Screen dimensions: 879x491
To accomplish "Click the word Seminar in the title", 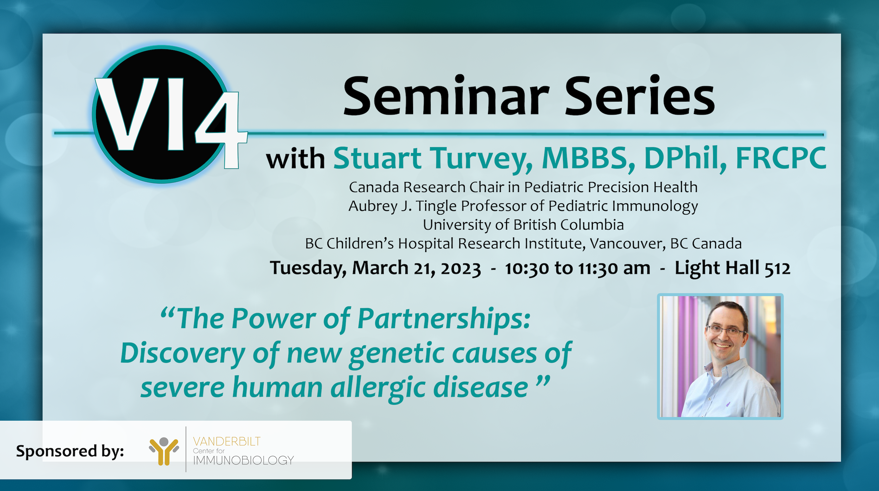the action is (x=446, y=96).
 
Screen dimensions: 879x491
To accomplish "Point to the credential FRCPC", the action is (x=781, y=158).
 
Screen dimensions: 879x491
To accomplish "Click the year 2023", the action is (x=461, y=269).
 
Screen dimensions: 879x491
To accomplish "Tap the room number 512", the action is (x=777, y=269).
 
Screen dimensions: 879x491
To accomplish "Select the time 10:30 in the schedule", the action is (x=527, y=269).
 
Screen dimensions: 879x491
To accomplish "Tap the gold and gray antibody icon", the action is (x=164, y=451).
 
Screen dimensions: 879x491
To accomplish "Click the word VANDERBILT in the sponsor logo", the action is (x=227, y=441).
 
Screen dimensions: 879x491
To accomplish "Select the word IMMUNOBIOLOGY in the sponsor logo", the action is (x=243, y=460).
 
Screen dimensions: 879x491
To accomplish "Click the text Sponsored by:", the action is (x=70, y=451).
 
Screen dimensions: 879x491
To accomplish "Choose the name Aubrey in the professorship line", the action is (x=373, y=206).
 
